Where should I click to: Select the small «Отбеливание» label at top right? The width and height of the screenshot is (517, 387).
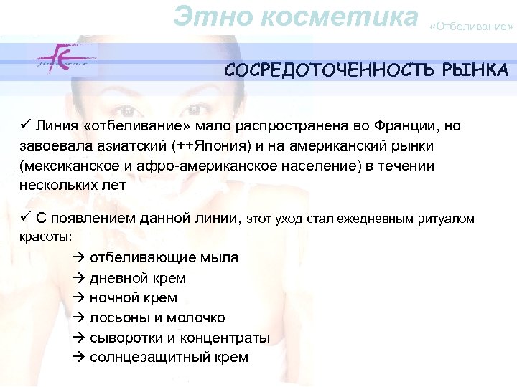coord(471,27)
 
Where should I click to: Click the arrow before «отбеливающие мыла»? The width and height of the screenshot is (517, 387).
coord(79,257)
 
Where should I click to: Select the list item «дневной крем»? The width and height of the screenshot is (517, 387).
coord(137,278)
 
